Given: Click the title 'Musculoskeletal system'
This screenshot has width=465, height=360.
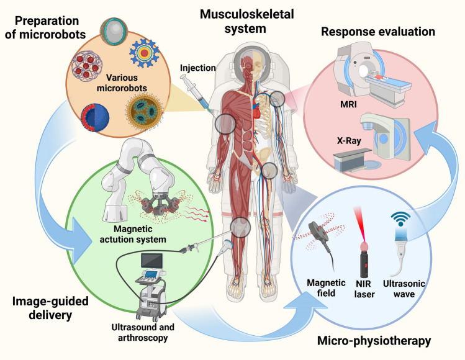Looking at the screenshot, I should (242, 18).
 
